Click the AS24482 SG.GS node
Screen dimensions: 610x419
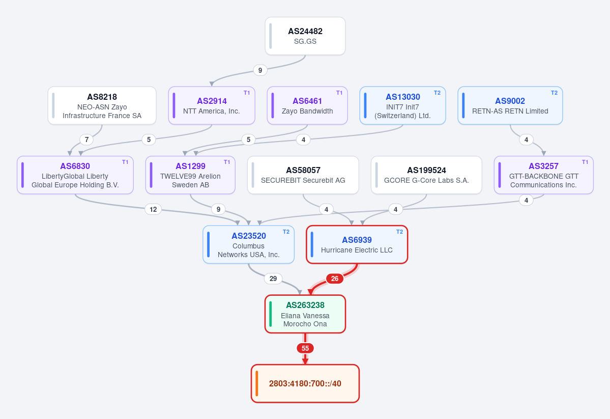[x=305, y=36]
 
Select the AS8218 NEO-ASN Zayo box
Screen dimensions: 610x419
[x=102, y=105]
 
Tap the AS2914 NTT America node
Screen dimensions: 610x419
[x=212, y=105]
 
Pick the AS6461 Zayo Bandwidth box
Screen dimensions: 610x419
[x=307, y=105]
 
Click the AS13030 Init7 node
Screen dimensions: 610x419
[x=402, y=105]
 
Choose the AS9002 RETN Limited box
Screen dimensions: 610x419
[x=510, y=105]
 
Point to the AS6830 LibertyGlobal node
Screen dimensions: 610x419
[x=75, y=175]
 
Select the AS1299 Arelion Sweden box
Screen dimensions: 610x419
[x=190, y=175]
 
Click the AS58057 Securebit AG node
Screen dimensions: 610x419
[x=303, y=175]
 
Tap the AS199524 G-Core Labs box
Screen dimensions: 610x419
[x=426, y=175]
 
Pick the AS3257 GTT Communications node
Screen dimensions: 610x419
[x=543, y=175]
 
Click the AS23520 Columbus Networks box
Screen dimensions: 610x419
[x=249, y=244]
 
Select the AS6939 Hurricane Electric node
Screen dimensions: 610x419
[x=357, y=244]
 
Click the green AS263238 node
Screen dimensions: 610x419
[x=305, y=314]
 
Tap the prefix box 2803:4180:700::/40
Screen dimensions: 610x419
[x=305, y=383]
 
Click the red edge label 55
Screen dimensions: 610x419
[x=305, y=348]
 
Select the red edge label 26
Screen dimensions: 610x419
[x=335, y=278]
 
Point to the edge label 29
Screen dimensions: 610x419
[x=273, y=278]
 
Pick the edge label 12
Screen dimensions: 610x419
[x=153, y=209]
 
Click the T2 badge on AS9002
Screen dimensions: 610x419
[x=554, y=93]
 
